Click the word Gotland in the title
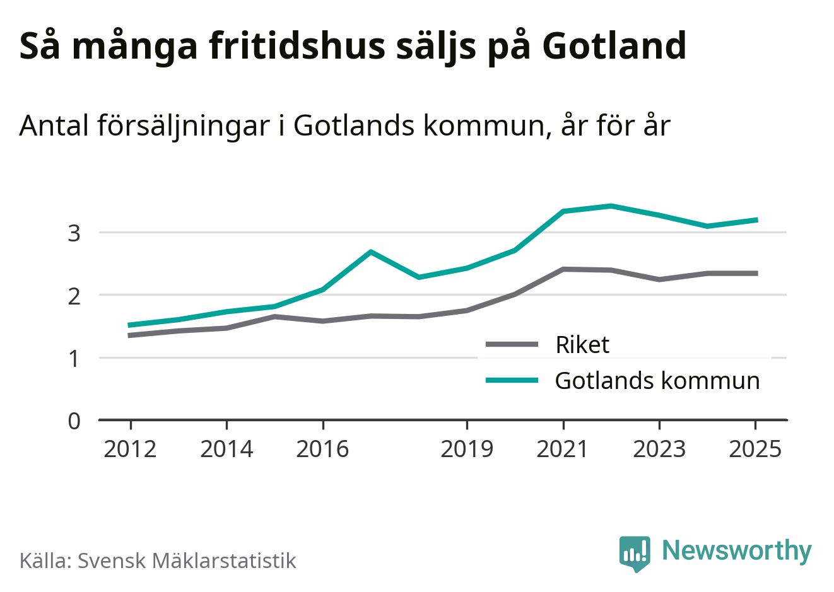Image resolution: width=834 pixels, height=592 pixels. [x=614, y=46]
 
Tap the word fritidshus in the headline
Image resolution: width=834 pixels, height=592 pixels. [x=297, y=46]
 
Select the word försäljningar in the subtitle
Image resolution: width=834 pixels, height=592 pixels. [x=184, y=126]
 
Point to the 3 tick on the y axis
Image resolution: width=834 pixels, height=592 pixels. [x=74, y=234]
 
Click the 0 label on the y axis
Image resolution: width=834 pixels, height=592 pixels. [x=74, y=422]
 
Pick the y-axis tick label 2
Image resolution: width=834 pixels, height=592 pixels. [x=74, y=296]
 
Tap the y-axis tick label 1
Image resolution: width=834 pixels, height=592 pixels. [x=74, y=359]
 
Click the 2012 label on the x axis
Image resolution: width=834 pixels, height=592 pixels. [x=131, y=450]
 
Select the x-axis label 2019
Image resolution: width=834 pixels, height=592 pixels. [x=467, y=450]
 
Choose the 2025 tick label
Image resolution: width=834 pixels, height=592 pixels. [x=755, y=450]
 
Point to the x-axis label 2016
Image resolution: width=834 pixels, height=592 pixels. [x=322, y=450]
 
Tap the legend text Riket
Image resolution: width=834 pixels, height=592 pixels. [x=582, y=345]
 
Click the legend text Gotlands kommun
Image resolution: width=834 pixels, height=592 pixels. [x=657, y=381]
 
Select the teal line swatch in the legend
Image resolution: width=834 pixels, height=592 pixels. [x=512, y=380]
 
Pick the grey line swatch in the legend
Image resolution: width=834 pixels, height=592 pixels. [x=512, y=344]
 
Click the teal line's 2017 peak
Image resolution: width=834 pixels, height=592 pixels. [x=371, y=252]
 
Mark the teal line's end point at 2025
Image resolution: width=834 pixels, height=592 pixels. [x=756, y=220]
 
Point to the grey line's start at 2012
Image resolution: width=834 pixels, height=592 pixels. [x=129, y=335]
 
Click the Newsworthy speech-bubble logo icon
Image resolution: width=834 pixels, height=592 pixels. [x=635, y=554]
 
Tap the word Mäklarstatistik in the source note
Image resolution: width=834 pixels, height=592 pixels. [x=224, y=560]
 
